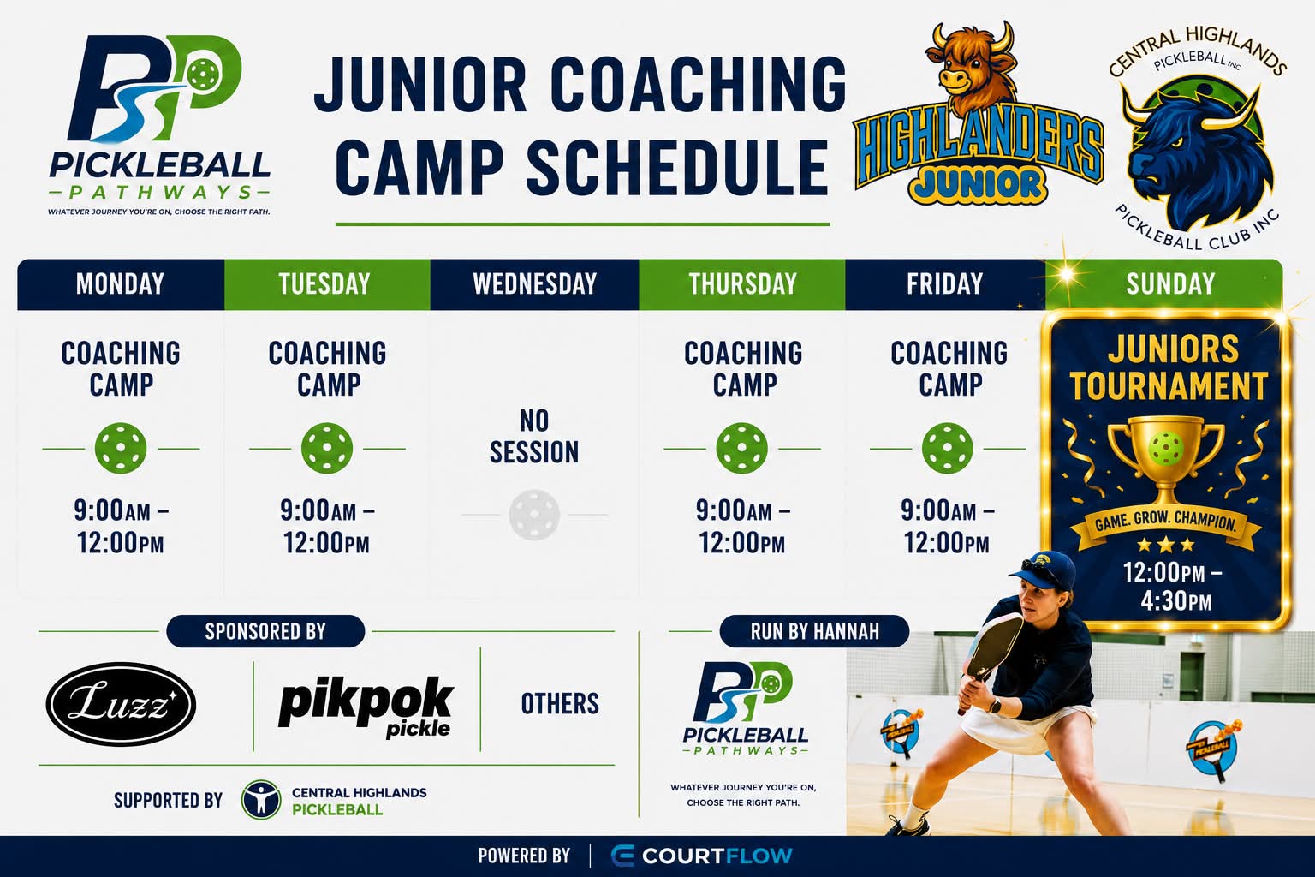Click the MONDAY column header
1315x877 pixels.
(x=121, y=283)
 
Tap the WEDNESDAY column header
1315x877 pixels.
(x=534, y=283)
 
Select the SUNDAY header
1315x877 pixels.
(x=1169, y=283)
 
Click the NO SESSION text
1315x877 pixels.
(x=534, y=437)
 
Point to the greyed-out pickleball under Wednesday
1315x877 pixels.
(x=534, y=515)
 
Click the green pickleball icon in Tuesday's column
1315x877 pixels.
(x=327, y=448)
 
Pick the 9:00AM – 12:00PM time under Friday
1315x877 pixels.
(x=948, y=527)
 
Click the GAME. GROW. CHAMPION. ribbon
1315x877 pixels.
(x=1166, y=522)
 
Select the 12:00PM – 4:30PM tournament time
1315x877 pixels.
(x=1173, y=586)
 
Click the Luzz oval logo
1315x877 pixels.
(x=121, y=704)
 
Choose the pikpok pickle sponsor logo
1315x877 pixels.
(x=366, y=707)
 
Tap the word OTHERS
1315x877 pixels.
(x=560, y=704)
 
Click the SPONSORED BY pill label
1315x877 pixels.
(x=265, y=631)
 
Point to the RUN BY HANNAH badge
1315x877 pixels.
(x=814, y=631)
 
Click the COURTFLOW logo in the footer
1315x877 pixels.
(x=701, y=856)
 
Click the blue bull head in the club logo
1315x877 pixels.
(x=1198, y=156)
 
